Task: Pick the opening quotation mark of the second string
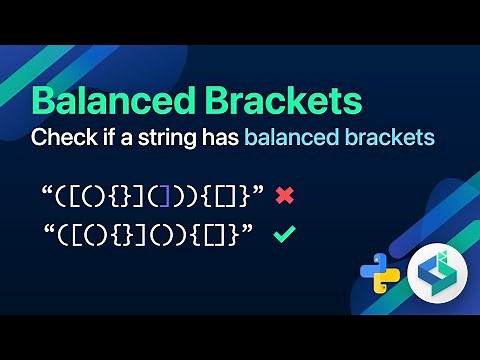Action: click(x=50, y=230)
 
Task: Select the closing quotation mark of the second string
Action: click(x=246, y=230)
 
